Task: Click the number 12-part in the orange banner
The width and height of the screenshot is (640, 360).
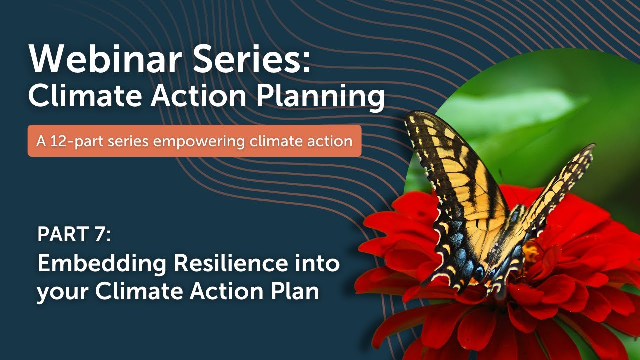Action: [73, 141]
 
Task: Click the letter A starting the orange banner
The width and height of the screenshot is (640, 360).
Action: [41, 141]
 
